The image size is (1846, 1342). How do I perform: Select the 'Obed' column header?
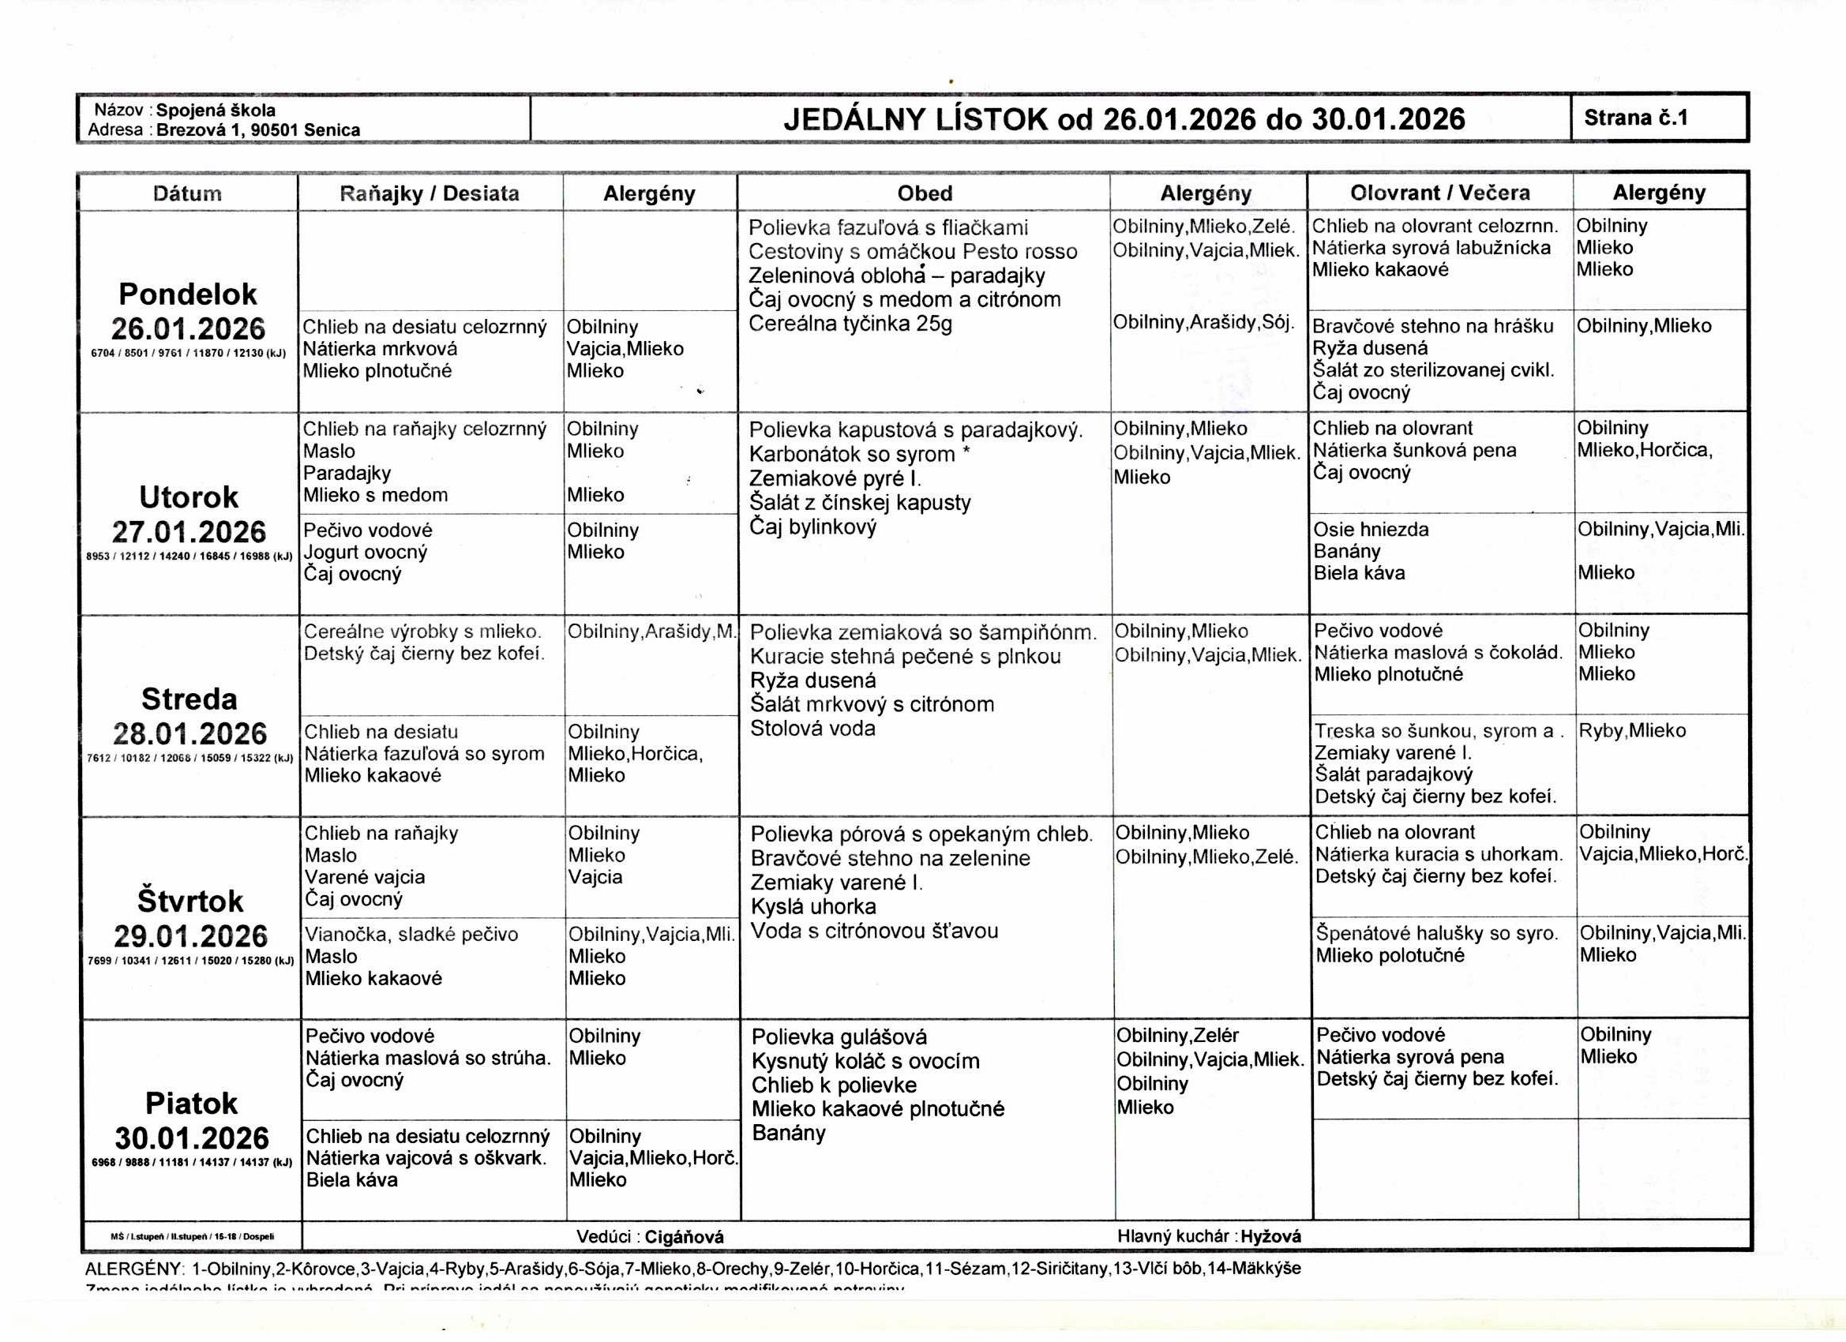tap(924, 193)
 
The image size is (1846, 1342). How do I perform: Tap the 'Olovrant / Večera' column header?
tap(1439, 193)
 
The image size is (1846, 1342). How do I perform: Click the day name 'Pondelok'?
tap(188, 294)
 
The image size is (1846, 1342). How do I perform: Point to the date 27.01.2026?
tap(189, 532)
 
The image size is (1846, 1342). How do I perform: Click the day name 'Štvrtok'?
tap(190, 902)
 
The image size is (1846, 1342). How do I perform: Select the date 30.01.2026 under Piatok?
tap(191, 1138)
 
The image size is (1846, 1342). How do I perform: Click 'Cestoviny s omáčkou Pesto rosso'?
tap(913, 252)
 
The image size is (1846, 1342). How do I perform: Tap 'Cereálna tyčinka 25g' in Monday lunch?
tap(850, 324)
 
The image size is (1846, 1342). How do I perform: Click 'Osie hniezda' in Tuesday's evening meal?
tap(1371, 530)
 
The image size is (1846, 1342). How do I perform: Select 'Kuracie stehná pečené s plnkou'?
tap(905, 657)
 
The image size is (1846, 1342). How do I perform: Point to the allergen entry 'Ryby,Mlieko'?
tap(1632, 731)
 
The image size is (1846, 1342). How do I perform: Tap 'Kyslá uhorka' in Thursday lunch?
tap(813, 906)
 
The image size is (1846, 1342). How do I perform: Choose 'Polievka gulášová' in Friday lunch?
tap(839, 1036)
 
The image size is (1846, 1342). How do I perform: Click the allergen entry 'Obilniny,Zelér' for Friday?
tap(1177, 1036)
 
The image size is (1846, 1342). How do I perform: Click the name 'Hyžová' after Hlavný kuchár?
tap(1270, 1237)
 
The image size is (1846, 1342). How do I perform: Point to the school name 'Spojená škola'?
tap(216, 111)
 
